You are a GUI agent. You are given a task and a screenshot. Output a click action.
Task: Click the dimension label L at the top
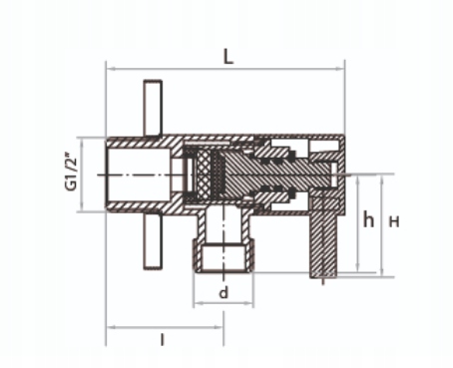(x=228, y=57)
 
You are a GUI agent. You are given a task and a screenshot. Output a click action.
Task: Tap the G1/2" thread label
(x=72, y=172)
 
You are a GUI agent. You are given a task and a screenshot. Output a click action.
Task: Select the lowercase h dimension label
(x=368, y=219)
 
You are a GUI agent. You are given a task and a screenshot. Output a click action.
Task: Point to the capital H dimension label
(x=394, y=221)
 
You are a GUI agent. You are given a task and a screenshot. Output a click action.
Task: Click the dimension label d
(x=224, y=292)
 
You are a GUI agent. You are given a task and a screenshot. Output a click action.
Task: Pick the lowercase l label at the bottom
(x=163, y=340)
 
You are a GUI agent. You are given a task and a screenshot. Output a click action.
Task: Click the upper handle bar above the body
(x=153, y=108)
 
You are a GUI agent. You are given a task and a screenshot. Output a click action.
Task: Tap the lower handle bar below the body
(x=153, y=240)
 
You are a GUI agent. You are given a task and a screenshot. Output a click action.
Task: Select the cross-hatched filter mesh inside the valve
(x=203, y=176)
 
